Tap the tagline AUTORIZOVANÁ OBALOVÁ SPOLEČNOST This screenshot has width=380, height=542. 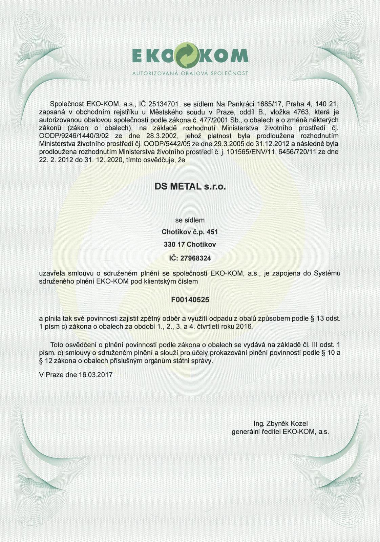tap(190, 73)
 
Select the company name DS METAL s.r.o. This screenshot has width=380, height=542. tap(190, 187)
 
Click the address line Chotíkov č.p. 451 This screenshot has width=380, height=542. tap(190, 232)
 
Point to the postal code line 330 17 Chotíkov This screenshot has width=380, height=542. tap(190, 244)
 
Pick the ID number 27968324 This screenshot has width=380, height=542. tap(195, 258)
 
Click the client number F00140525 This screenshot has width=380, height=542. tap(190, 299)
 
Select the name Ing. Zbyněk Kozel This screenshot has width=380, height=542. tap(280, 423)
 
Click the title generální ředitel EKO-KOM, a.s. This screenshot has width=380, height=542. tap(280, 432)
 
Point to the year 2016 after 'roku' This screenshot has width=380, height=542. tap(245, 327)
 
